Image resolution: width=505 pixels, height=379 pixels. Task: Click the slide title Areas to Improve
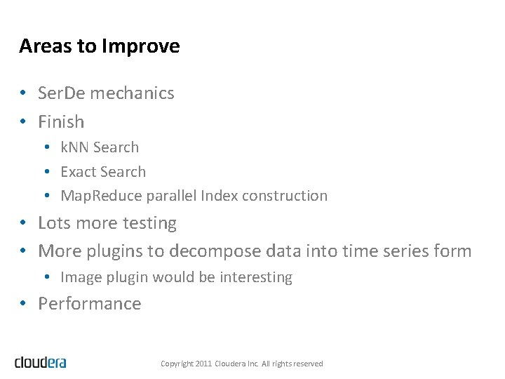pyautogui.click(x=99, y=46)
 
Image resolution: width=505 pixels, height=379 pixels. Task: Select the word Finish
pyautogui.click(x=61, y=122)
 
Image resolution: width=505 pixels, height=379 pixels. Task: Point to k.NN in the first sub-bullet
pyautogui.click(x=74, y=147)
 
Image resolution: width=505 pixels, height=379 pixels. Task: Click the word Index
pyautogui.click(x=219, y=196)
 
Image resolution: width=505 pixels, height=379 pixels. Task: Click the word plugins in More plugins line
pyautogui.click(x=119, y=251)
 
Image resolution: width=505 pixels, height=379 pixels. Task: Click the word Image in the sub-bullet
pyautogui.click(x=79, y=277)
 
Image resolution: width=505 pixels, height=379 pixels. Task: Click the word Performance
pyautogui.click(x=89, y=304)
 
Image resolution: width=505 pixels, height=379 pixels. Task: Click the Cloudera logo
pyautogui.click(x=41, y=362)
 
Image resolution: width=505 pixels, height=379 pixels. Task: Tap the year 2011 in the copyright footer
pyautogui.click(x=202, y=364)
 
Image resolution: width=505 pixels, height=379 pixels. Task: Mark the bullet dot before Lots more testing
pyautogui.click(x=23, y=223)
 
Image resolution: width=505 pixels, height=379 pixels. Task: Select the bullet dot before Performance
pyautogui.click(x=23, y=304)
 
